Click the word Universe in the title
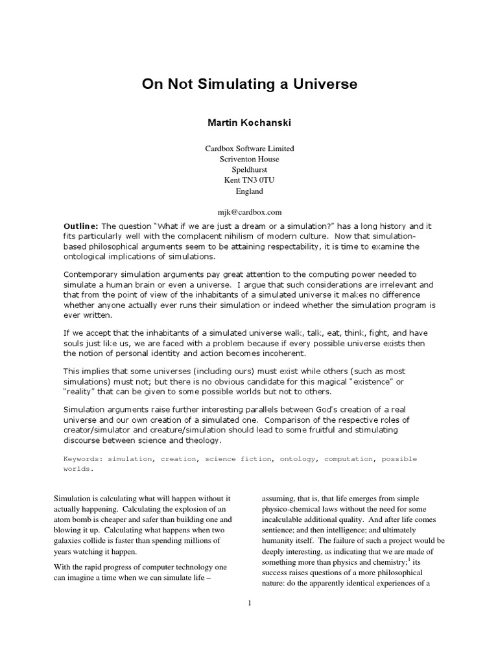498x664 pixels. pos(322,84)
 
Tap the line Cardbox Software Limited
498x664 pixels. pos(249,148)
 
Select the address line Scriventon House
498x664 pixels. pos(249,159)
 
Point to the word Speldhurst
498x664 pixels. pos(249,170)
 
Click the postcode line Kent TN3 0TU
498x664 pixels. pos(249,181)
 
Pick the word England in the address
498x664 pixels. pos(249,191)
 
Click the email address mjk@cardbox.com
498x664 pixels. pos(249,213)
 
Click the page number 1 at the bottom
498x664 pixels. pos(249,603)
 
